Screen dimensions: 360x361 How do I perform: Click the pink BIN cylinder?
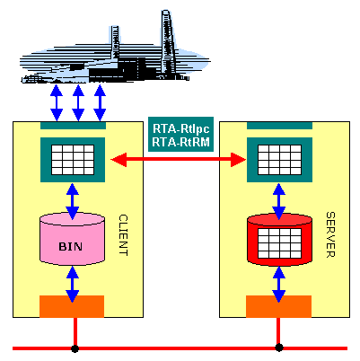pos(72,239)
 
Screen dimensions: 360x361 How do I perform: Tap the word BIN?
pos(71,246)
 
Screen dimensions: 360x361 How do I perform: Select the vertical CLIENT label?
pos(123,235)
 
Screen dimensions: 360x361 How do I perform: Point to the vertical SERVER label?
pos(330,234)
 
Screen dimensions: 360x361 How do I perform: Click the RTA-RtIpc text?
pos(181,128)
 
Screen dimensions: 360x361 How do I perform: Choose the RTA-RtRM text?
pos(181,142)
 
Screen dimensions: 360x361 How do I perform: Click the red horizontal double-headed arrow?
pos(179,160)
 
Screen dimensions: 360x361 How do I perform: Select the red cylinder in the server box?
pos(279,240)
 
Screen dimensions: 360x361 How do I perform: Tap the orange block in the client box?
pos(72,306)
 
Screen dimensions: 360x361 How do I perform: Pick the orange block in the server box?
pos(278,306)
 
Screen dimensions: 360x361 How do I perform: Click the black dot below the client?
pos(75,348)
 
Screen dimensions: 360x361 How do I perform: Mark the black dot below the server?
pos(279,348)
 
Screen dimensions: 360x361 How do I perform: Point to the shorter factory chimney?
pos(115,43)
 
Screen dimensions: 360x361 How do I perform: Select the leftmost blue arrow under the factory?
pos(57,102)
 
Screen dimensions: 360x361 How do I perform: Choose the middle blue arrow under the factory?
pos(78,102)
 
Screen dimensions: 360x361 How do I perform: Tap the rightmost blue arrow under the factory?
pos(100,102)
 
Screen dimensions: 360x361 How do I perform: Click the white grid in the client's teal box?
pos(73,160)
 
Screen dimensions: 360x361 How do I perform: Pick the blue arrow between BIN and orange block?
pos(72,284)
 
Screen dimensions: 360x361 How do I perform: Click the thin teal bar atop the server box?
pos(279,126)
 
